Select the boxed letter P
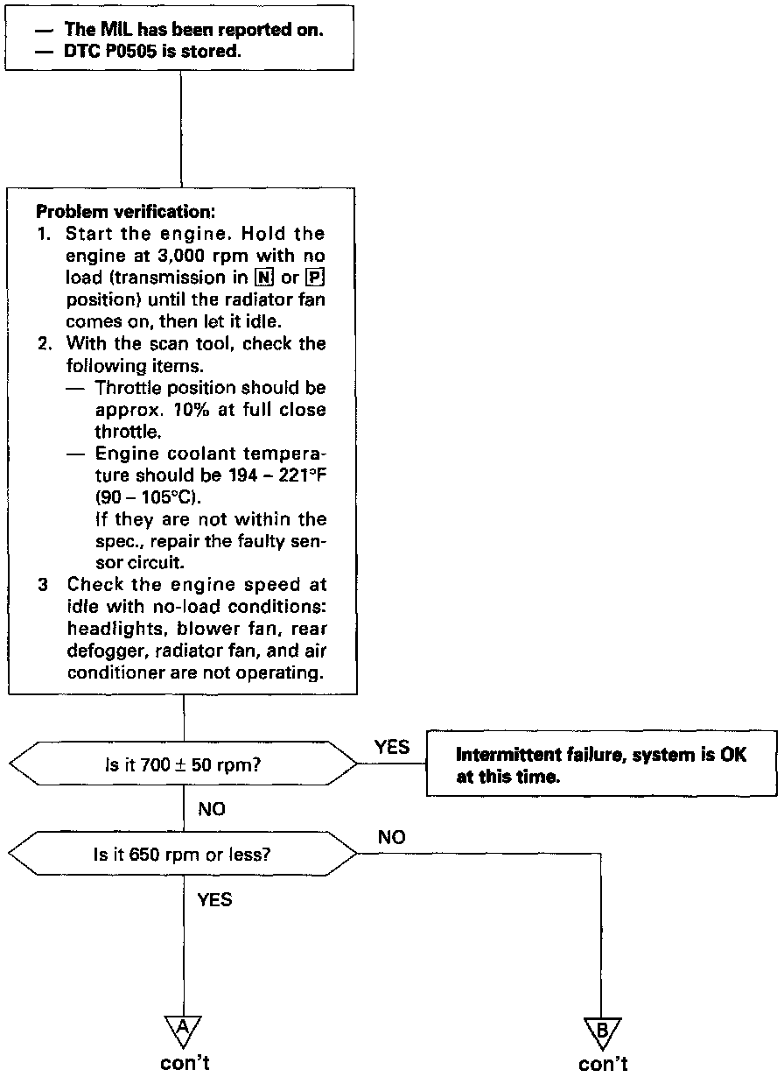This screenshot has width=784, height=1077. (x=317, y=278)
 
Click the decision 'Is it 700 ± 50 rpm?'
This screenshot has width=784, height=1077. (x=183, y=764)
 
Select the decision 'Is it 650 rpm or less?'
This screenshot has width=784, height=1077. (x=183, y=854)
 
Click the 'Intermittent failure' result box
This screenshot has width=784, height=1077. (x=601, y=764)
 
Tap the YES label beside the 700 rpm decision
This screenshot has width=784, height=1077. (x=391, y=747)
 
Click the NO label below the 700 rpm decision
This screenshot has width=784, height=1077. (x=212, y=810)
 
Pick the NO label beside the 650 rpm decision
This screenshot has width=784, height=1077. (x=391, y=838)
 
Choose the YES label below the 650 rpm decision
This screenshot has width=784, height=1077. (x=214, y=900)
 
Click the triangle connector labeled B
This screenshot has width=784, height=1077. (x=602, y=1031)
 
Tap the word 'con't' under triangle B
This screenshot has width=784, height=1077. (x=603, y=1064)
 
